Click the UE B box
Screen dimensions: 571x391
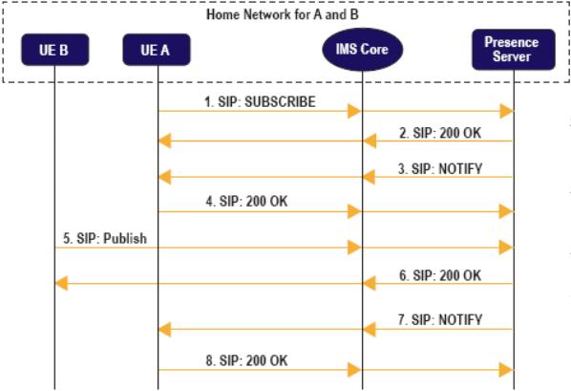55,50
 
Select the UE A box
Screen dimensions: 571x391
157,50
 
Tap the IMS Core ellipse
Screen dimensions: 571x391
362,50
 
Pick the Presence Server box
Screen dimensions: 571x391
514,50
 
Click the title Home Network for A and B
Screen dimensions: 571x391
283,14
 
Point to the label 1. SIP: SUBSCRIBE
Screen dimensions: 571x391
260,101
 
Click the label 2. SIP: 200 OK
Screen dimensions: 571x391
440,133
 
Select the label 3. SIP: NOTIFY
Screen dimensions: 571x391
440,169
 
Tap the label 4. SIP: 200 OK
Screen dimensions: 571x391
246,202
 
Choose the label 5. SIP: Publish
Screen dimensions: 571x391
105,238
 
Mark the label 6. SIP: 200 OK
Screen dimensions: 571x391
440,275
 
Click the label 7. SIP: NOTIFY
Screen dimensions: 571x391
440,320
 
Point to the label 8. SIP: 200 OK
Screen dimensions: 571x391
246,360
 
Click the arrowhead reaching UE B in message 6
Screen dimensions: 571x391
61,283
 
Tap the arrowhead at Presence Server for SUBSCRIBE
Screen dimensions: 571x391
506,111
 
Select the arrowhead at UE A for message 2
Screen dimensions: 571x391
164,141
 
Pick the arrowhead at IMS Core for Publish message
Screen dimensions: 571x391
354,248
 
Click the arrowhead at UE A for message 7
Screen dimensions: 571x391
164,330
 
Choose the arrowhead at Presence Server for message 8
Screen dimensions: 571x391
506,370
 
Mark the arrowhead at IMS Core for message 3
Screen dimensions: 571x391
369,177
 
